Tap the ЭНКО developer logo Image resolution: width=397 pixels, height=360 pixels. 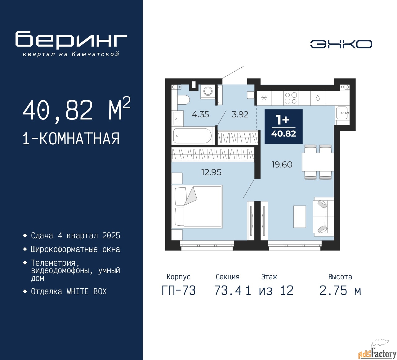[x=341, y=44]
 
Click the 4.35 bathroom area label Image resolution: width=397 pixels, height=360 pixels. [x=200, y=115]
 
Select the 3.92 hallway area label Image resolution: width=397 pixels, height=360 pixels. [x=240, y=115]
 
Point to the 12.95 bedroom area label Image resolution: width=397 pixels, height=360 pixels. [x=211, y=172]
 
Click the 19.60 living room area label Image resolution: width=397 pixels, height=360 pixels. [x=282, y=164]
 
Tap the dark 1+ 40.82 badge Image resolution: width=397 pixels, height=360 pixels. [x=283, y=127]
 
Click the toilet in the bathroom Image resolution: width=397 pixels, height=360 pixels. [x=184, y=99]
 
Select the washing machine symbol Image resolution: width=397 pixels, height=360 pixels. [x=208, y=92]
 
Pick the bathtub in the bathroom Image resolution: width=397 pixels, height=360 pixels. [x=193, y=136]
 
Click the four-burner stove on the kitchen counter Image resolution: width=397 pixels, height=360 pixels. [x=291, y=98]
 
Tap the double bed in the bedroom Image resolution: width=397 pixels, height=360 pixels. [x=197, y=207]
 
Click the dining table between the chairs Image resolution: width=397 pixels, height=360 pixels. [x=318, y=162]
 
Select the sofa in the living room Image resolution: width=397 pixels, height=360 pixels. [x=323, y=217]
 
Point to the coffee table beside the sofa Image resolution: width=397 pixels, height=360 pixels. [x=299, y=217]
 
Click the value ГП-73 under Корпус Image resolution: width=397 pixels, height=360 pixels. [x=179, y=291]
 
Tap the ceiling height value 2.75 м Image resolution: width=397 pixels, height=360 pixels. [x=340, y=291]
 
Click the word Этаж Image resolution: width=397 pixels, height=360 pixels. [x=269, y=277]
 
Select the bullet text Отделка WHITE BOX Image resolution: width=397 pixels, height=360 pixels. [x=69, y=291]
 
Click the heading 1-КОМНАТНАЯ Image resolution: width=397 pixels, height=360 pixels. [x=71, y=139]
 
